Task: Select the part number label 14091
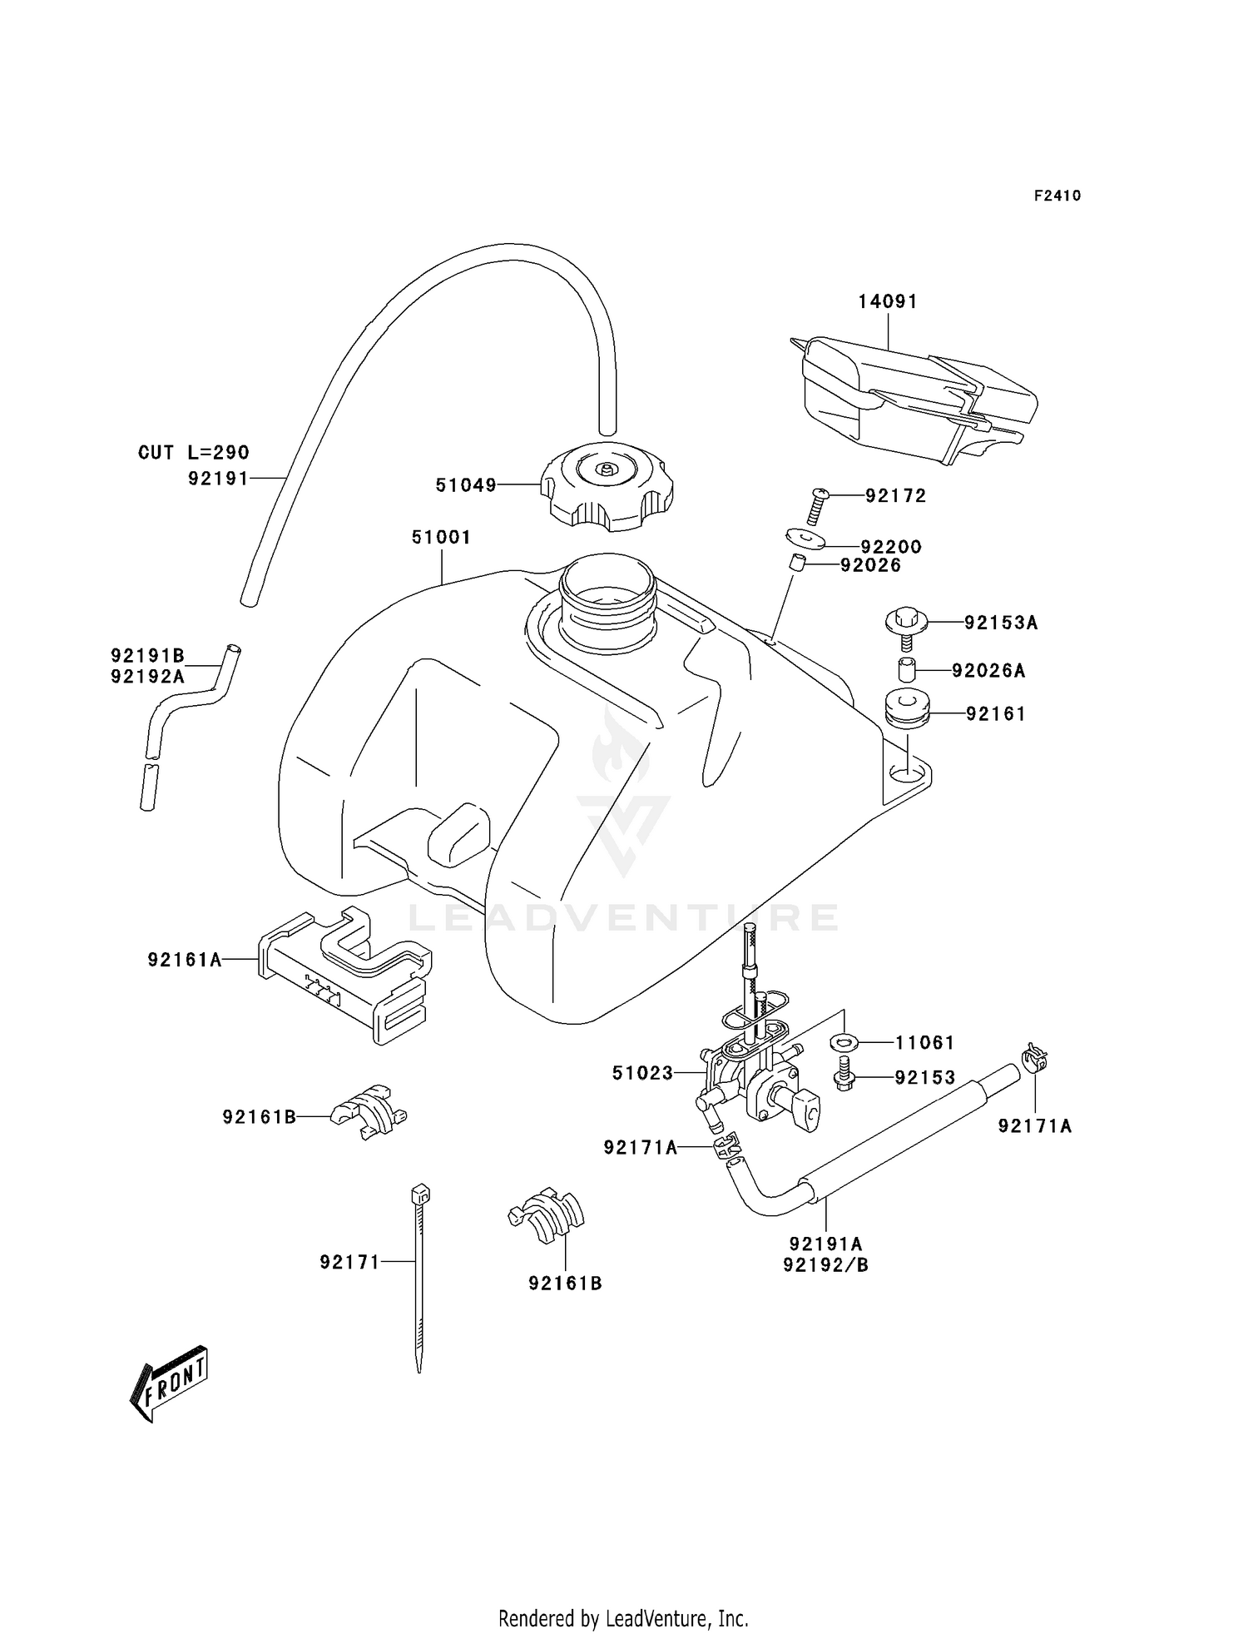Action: (x=888, y=301)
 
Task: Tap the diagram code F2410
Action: (x=1057, y=196)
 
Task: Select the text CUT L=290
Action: (x=193, y=453)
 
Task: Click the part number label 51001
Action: (x=441, y=538)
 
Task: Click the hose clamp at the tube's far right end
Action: (x=1034, y=1060)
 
